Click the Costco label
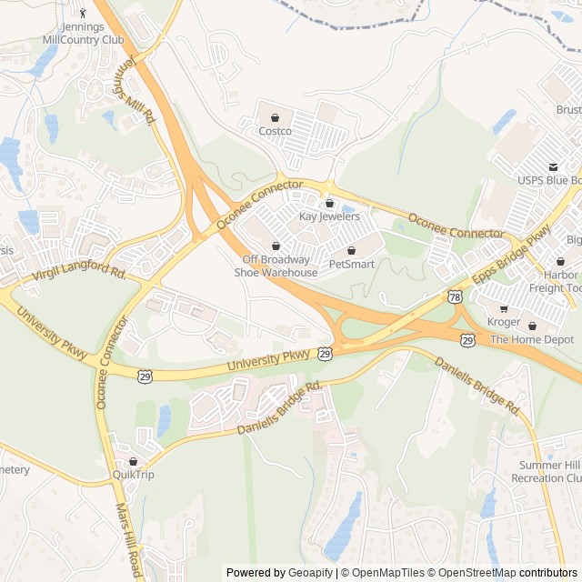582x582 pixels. pos(275,131)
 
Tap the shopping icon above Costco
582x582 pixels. pos(275,117)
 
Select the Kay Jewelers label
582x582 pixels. pos(329,216)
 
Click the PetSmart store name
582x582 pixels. pos(351,264)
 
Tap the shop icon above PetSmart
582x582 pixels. pos(351,250)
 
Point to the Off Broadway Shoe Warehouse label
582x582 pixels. pos(276,266)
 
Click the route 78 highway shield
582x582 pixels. pos(455,296)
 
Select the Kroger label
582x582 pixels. pos(503,322)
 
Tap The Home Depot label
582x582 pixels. pos(532,339)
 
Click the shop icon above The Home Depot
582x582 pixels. pos(532,326)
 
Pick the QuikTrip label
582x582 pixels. pos(134,474)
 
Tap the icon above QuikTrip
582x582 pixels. pos(134,461)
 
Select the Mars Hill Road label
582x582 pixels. pos(127,542)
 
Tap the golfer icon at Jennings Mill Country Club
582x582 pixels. pos(84,14)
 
